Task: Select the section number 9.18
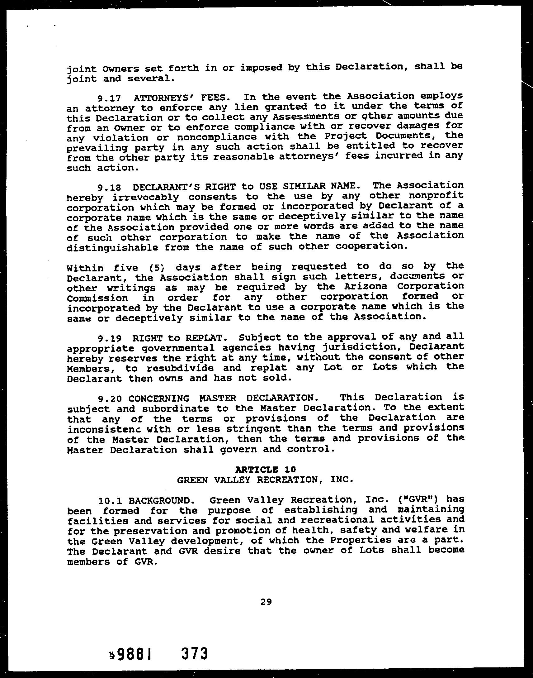[x=109, y=188]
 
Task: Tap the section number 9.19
[x=109, y=338]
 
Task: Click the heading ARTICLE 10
[x=266, y=469]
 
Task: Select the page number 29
[x=266, y=601]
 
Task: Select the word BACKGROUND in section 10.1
[x=159, y=501]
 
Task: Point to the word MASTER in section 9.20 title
[x=218, y=399]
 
